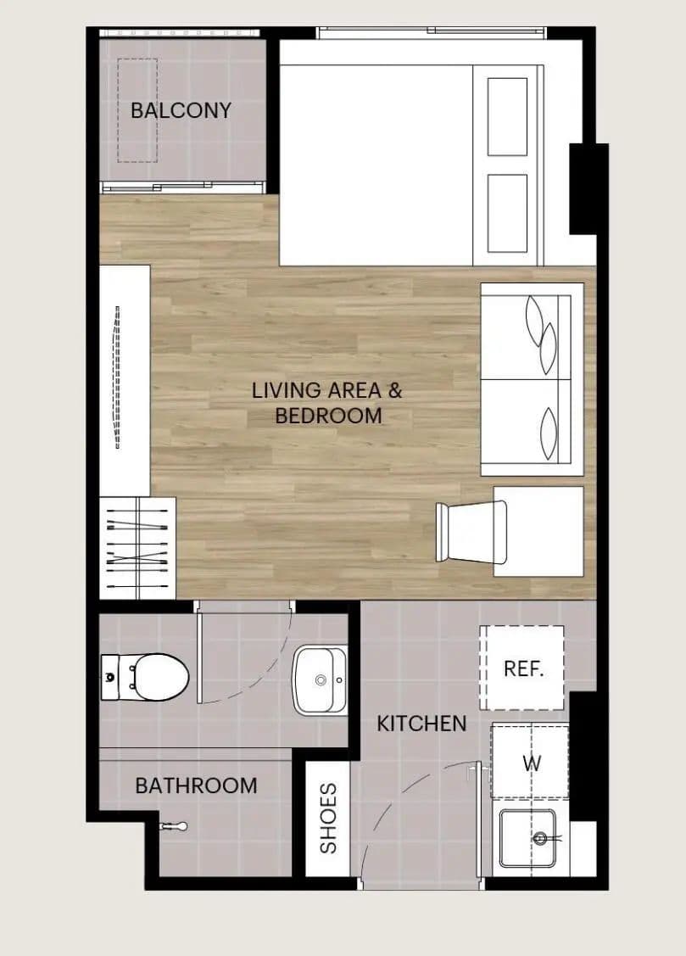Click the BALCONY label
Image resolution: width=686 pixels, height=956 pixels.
(x=181, y=110)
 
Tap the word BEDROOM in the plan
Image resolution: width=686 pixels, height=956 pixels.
(x=328, y=416)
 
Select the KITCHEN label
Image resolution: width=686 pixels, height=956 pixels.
(x=421, y=724)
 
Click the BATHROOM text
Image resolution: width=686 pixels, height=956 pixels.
(x=196, y=785)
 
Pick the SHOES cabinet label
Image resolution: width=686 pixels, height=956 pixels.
(x=328, y=819)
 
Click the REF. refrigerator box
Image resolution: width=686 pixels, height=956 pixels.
(x=521, y=668)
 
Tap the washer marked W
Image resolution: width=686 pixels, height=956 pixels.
(x=530, y=761)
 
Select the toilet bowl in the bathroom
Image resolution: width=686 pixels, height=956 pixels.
(x=160, y=677)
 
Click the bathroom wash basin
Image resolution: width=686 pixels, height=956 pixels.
(x=320, y=679)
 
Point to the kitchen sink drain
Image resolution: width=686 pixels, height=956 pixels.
(x=540, y=838)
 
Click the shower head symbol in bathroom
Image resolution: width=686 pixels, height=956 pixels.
(x=174, y=827)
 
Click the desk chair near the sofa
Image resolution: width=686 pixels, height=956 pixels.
(x=471, y=532)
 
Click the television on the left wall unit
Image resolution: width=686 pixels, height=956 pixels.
(x=118, y=377)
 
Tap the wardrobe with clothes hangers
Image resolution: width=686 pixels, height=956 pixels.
(x=137, y=548)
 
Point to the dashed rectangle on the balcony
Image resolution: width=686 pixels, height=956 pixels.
(x=137, y=110)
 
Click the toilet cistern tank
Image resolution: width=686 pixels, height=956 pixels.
(x=110, y=677)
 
